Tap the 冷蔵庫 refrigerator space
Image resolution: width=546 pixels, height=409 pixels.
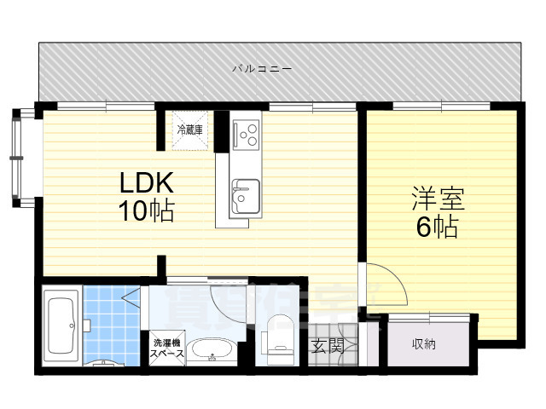pos(189,130)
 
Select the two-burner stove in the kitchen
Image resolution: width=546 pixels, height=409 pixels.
pos(247,133)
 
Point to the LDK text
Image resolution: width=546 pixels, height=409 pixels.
pos(147,182)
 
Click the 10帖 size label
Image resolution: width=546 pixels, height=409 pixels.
pos(146,210)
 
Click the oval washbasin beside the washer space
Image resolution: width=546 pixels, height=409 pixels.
pos(208,349)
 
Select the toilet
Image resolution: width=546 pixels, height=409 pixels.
pos(278,337)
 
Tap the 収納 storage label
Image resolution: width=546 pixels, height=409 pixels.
pos(423,344)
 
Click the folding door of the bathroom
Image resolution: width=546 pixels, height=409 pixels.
pos(133,298)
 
